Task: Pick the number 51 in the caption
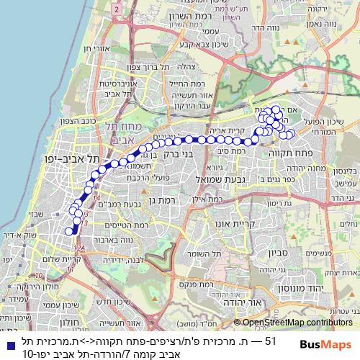pyautogui.click(x=270, y=340)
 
